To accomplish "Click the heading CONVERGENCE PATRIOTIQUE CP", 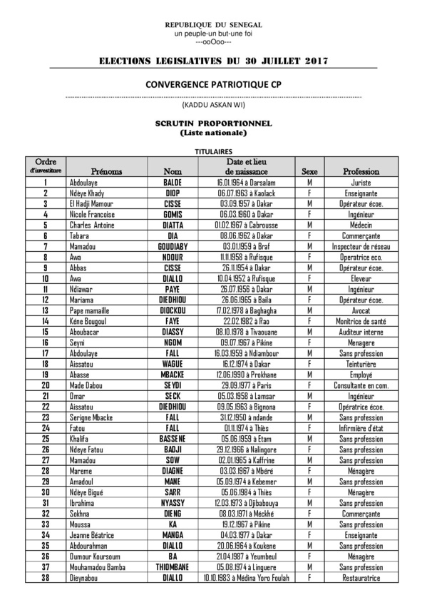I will coord(213,84).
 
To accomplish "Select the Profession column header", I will coord(361,172).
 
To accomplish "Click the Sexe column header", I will coord(310,172).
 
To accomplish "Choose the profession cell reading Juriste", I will coord(361,183).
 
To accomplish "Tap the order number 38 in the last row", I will coord(46,578).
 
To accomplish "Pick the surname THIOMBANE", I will coord(173,567).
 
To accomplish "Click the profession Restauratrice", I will coord(361,578).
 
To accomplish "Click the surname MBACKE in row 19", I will coord(173,375).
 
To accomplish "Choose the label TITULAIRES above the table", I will coord(213,151).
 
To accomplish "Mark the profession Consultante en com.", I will coord(361,385).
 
